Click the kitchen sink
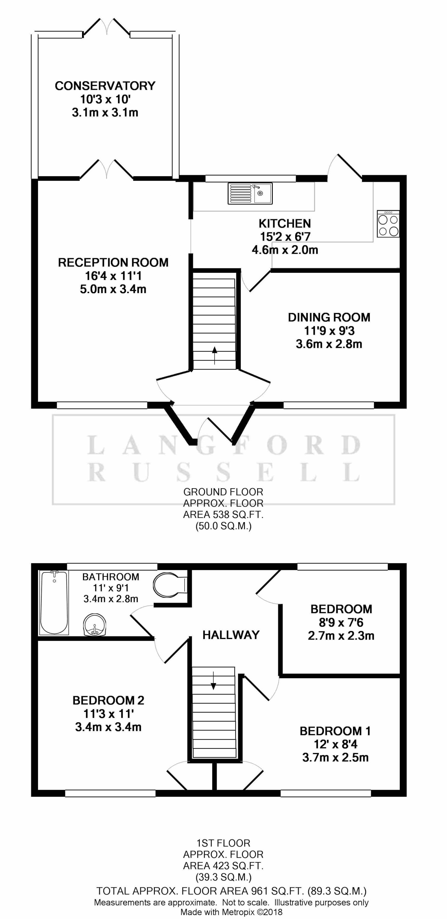[250, 193]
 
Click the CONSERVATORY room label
[105, 86]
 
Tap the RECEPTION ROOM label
[113, 263]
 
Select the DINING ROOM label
[329, 317]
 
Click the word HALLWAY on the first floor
[231, 635]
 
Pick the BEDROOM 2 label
[108, 700]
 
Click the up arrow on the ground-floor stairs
[215, 355]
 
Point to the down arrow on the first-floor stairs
[213, 680]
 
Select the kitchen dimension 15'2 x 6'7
[285, 237]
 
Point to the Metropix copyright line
[231, 912]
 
